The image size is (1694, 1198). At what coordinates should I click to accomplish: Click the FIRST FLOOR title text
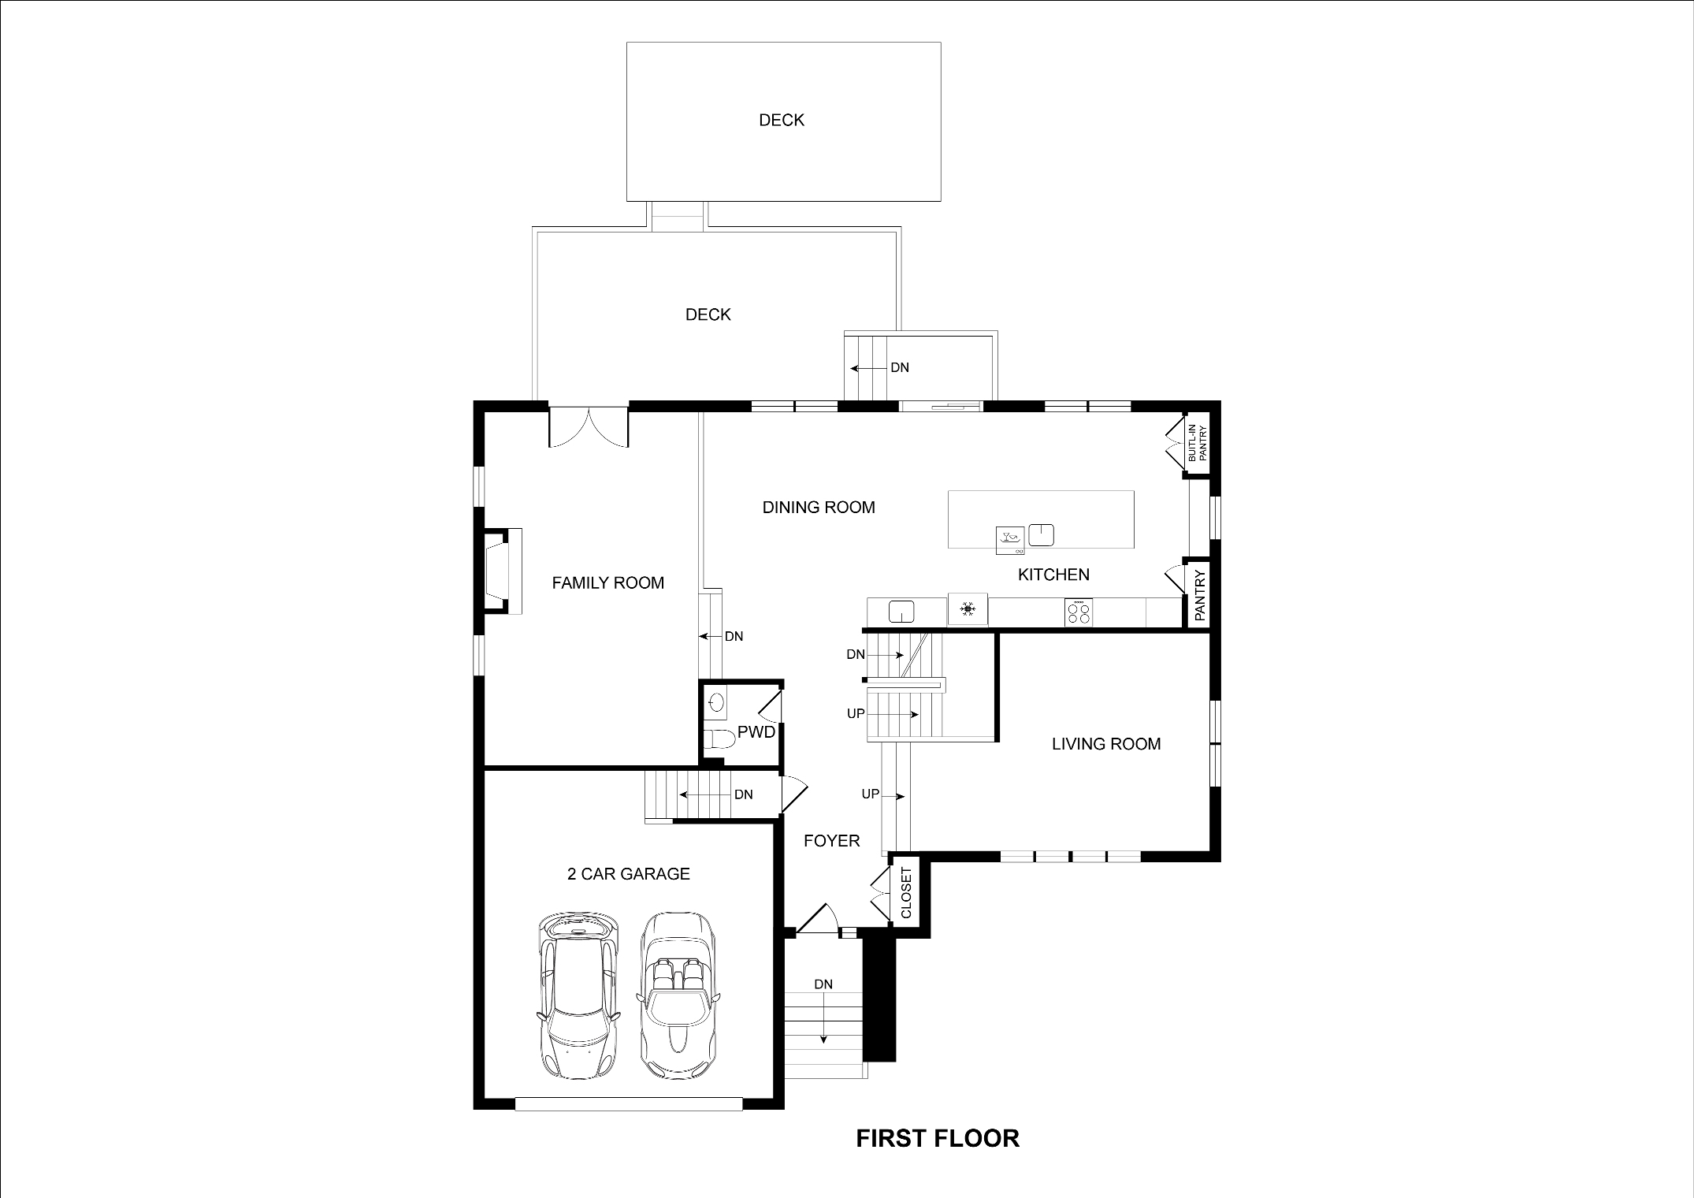click(938, 1138)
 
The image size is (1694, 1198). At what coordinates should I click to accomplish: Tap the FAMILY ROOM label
click(607, 583)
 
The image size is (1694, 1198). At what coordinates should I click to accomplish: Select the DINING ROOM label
click(819, 508)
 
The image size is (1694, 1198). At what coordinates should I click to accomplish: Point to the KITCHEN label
click(1053, 575)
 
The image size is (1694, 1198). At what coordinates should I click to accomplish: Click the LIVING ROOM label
click(1106, 744)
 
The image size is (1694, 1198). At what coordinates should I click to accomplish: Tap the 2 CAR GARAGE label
click(629, 874)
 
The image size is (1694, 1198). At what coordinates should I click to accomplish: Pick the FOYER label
click(831, 841)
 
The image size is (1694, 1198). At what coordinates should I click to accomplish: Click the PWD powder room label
click(756, 732)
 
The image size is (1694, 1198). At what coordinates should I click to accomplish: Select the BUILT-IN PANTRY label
click(1197, 443)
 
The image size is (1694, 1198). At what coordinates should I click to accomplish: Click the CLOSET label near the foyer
click(906, 893)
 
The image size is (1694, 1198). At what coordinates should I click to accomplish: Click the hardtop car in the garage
click(578, 995)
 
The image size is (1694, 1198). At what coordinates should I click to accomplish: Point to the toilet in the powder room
click(719, 739)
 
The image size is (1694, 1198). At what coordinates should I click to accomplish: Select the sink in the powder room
click(717, 701)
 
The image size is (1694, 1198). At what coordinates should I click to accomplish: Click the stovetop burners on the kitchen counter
click(1079, 612)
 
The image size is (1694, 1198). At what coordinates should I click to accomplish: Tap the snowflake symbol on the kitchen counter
click(968, 609)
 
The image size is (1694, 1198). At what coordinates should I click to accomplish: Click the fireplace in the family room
click(497, 571)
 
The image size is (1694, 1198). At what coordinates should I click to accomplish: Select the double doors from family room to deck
click(589, 427)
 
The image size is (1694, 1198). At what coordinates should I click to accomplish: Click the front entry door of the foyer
click(817, 919)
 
